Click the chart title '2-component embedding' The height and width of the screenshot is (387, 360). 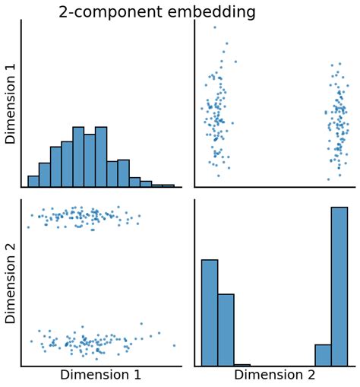tap(157, 12)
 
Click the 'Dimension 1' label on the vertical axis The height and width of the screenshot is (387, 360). tap(11, 105)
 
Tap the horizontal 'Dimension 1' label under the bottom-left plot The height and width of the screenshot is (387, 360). tap(100, 375)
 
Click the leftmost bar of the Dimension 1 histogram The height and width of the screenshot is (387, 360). tap(33, 182)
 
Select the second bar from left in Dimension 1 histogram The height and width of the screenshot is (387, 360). tap(45, 175)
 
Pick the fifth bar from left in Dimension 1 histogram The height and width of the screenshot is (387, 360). tap(78, 157)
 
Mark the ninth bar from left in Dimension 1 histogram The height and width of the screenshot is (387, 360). tap(123, 174)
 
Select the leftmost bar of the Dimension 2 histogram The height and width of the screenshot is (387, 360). tap(210, 312)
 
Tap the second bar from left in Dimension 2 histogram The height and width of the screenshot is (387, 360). tap(226, 329)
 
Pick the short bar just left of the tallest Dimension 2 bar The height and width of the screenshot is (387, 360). tap(323, 355)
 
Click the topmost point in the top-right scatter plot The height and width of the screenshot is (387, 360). tap(215, 27)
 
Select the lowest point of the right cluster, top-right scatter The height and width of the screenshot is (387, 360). tap(328, 179)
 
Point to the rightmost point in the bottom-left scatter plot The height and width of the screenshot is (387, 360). tap(174, 345)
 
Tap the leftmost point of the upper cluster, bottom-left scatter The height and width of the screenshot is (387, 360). tap(28, 227)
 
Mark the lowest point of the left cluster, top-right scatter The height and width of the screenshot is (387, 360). tap(218, 176)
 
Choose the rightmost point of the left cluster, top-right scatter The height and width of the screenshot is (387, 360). tap(235, 62)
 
